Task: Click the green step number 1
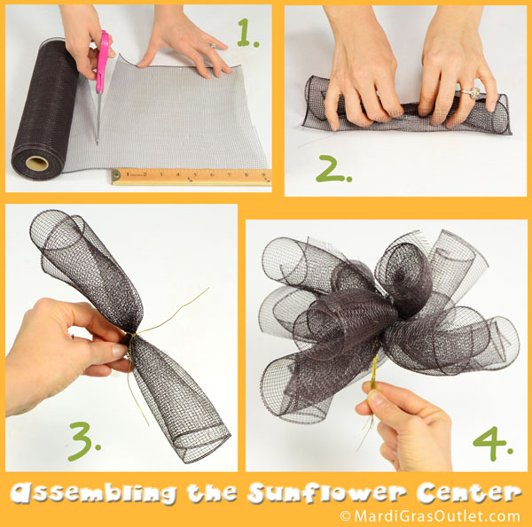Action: click(247, 33)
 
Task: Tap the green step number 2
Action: click(333, 169)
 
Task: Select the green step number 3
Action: click(84, 441)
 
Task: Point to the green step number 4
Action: click(493, 444)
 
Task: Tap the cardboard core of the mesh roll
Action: click(37, 163)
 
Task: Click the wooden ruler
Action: click(192, 176)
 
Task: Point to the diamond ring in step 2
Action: click(472, 92)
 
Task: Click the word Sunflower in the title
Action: click(327, 493)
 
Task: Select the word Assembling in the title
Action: click(93, 493)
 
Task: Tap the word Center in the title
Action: click(469, 492)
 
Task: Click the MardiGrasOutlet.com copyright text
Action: click(430, 516)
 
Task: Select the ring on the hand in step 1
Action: click(213, 45)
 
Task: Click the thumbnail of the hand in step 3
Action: click(119, 351)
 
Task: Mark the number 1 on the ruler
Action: click(129, 174)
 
